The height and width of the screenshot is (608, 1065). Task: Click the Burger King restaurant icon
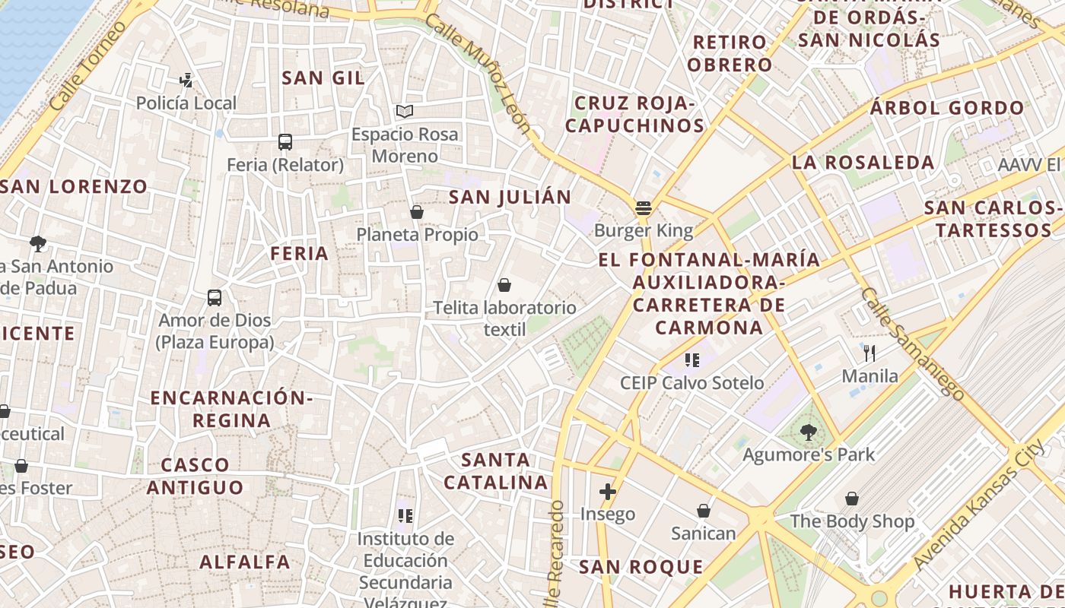tap(644, 207)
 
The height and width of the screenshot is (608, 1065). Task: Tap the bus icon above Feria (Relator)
tap(285, 142)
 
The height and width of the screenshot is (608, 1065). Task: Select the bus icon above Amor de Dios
tap(215, 298)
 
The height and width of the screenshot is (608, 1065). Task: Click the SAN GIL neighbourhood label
tap(323, 78)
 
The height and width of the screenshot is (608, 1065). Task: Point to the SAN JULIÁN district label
tap(510, 198)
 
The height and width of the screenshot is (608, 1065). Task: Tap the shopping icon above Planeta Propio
tap(416, 212)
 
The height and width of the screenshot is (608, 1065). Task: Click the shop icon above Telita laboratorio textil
tap(504, 285)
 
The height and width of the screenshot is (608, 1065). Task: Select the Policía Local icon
tap(186, 80)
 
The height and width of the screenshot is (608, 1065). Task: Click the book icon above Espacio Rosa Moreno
tap(405, 112)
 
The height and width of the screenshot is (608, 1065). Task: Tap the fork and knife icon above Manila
tap(870, 353)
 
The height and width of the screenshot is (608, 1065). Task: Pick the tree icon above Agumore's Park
tap(809, 432)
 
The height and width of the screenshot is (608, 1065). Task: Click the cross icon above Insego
tap(607, 492)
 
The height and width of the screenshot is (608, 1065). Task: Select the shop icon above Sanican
tap(704, 511)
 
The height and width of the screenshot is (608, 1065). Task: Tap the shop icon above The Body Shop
tap(852, 499)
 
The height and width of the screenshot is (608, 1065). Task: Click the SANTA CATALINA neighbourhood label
tap(496, 471)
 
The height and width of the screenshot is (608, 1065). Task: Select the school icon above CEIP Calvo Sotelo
tap(691, 359)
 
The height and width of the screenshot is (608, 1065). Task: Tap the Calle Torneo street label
tap(88, 65)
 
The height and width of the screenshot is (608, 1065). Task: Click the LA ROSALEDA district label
tap(863, 163)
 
